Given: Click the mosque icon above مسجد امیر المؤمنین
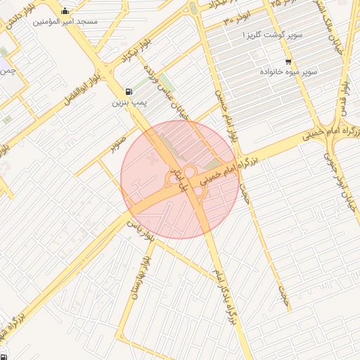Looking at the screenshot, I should pyautogui.click(x=65, y=11).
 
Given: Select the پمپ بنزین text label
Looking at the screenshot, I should pyautogui.click(x=127, y=103).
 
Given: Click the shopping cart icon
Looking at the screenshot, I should pyautogui.click(x=288, y=61).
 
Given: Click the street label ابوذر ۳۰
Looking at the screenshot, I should pyautogui.click(x=237, y=19).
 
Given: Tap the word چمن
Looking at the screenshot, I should pyautogui.click(x=8, y=72).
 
